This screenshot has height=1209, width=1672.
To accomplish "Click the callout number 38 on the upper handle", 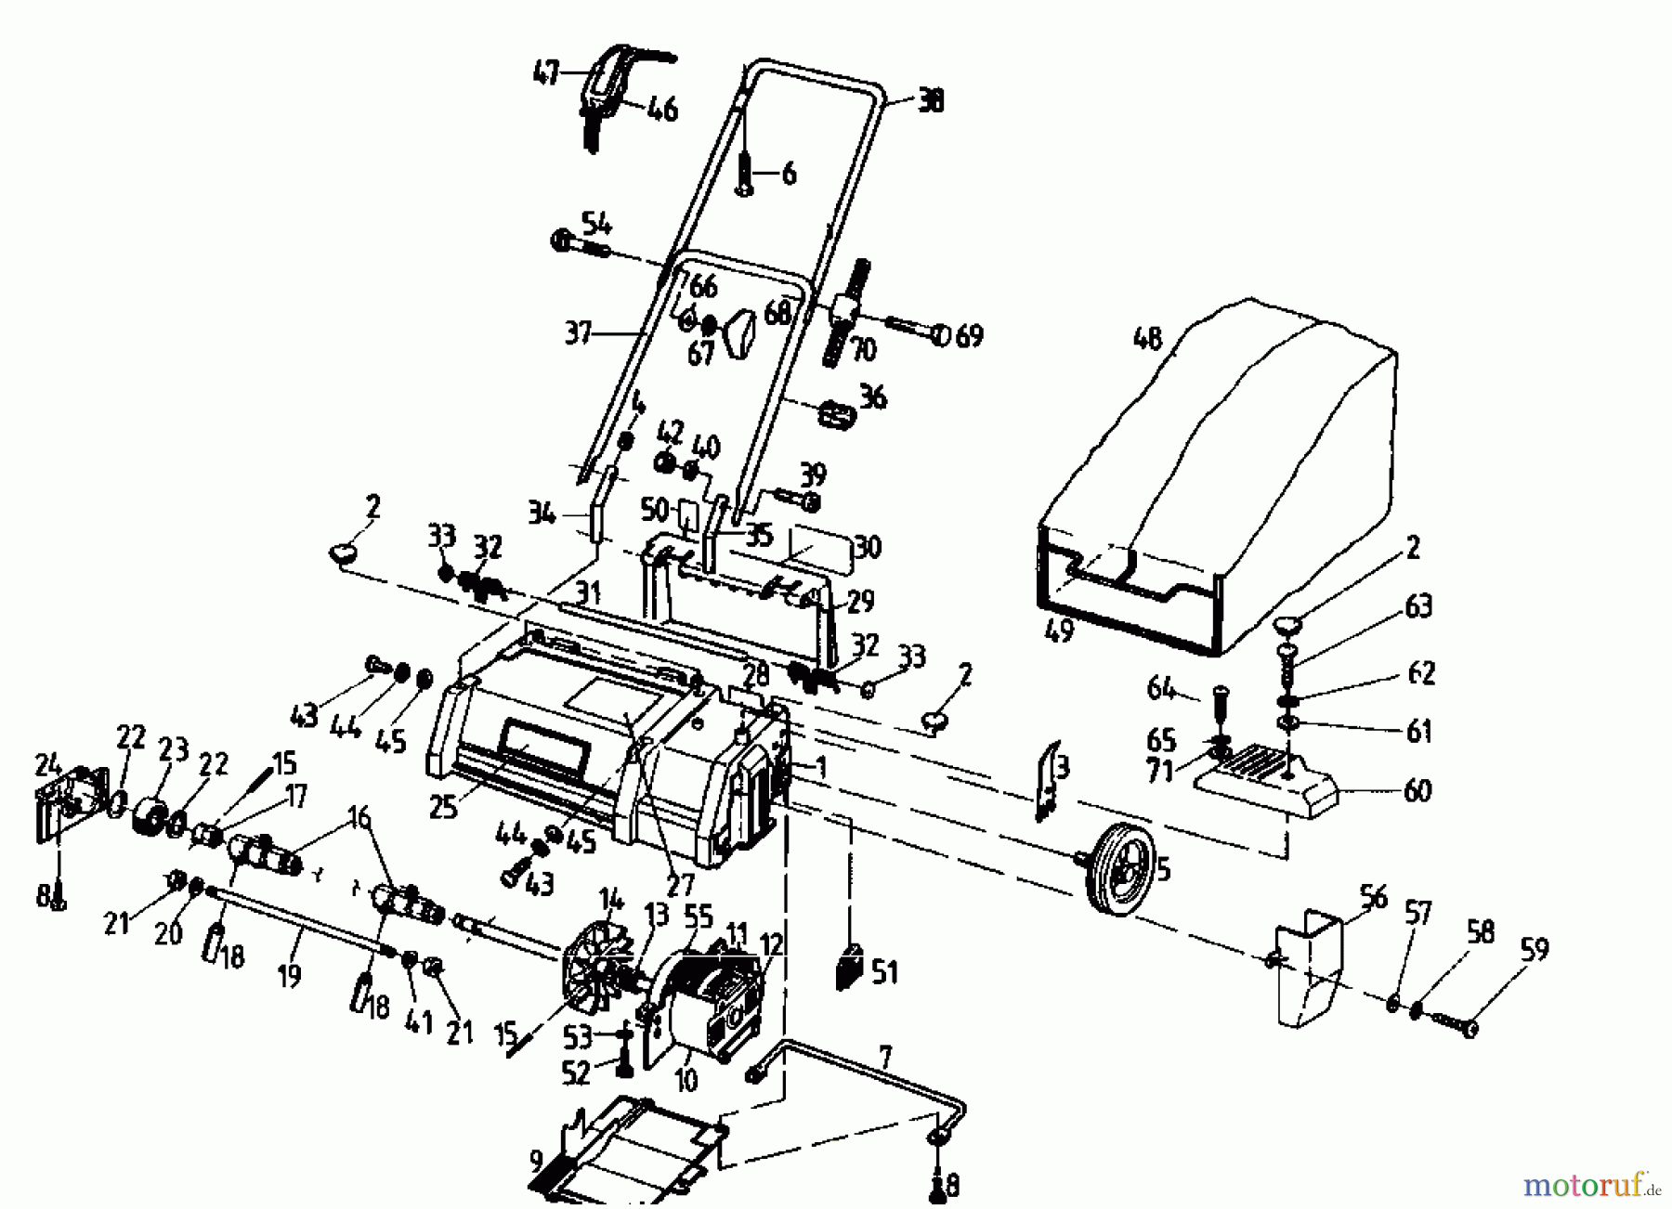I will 930,100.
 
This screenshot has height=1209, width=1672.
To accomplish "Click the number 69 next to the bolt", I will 969,335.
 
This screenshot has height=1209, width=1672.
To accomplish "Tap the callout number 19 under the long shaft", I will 289,976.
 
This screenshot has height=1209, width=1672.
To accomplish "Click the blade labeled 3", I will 1048,779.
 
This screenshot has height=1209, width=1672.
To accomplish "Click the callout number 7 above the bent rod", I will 884,1056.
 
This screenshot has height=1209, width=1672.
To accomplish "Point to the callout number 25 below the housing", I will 443,806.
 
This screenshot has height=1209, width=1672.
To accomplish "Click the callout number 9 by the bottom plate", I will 536,1161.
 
